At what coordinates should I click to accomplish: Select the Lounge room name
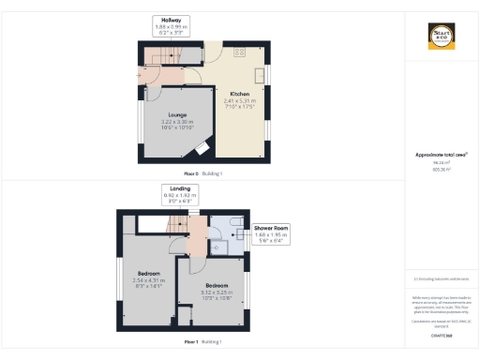click(177, 115)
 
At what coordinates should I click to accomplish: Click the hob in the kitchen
click(239, 52)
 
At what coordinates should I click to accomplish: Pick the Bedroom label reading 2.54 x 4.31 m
click(149, 278)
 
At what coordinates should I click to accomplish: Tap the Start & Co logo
click(441, 37)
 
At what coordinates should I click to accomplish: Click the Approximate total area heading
click(441, 155)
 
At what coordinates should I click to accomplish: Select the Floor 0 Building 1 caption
click(202, 174)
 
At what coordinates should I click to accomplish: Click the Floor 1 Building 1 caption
click(202, 342)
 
